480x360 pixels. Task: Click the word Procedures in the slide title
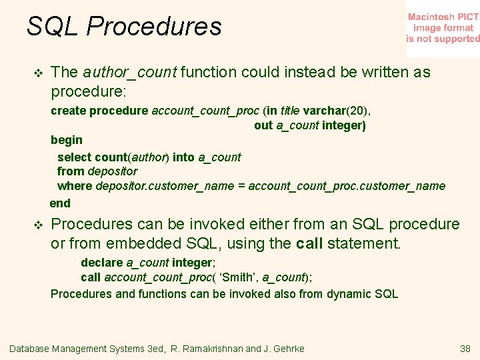click(x=154, y=27)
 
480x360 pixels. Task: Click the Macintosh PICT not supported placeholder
click(x=443, y=28)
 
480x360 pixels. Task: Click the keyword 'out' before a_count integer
click(x=263, y=125)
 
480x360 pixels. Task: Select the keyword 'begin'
click(x=67, y=140)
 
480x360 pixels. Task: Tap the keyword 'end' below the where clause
click(x=60, y=203)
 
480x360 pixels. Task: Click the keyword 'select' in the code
click(x=75, y=157)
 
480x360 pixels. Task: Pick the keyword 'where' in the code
click(x=75, y=186)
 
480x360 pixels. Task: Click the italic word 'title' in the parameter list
click(x=289, y=111)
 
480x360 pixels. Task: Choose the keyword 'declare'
click(x=102, y=263)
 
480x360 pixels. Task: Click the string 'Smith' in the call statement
click(x=239, y=277)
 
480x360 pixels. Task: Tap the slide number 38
click(x=465, y=349)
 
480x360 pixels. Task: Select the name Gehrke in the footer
click(x=287, y=349)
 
